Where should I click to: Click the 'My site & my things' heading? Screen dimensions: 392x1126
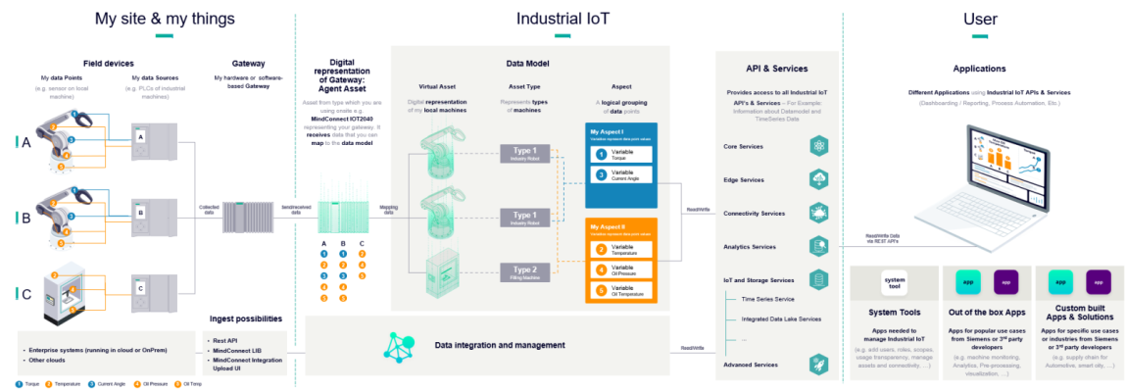pyautogui.click(x=165, y=18)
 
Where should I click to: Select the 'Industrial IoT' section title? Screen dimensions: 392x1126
pyautogui.click(x=563, y=18)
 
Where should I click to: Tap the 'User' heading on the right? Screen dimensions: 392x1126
pyautogui.click(x=980, y=18)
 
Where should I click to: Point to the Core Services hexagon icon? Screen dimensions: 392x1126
pyautogui.click(x=819, y=146)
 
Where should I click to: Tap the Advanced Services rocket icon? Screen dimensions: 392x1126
pyautogui.click(x=819, y=365)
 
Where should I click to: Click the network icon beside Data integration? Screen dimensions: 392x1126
pyautogui.click(x=400, y=346)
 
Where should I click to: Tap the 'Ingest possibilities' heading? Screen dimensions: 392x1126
pyautogui.click(x=247, y=318)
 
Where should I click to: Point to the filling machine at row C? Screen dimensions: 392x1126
pyautogui.click(x=61, y=294)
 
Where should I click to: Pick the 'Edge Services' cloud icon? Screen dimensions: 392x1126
pyautogui.click(x=819, y=179)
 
